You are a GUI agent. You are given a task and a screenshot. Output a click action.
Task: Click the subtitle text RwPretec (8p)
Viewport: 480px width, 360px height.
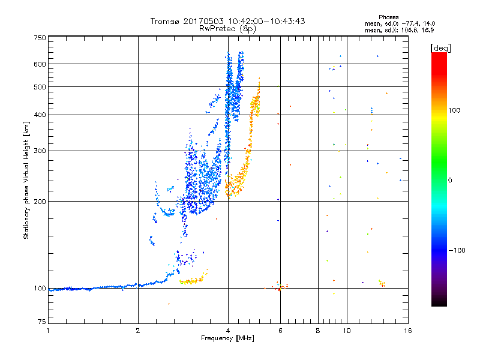point(227,29)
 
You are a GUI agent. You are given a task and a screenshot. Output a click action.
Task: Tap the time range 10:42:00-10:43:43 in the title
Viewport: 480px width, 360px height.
point(266,21)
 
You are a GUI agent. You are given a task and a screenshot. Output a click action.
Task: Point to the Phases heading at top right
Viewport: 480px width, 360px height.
point(388,17)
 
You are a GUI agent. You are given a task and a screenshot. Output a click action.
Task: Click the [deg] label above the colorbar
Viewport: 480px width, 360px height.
point(440,48)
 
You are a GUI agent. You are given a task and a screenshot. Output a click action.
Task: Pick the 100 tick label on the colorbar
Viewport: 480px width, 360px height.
point(454,110)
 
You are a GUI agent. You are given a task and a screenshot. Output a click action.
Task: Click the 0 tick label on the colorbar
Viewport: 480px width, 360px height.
point(450,181)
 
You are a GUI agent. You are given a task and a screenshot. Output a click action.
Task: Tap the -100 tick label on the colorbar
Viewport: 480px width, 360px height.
point(457,250)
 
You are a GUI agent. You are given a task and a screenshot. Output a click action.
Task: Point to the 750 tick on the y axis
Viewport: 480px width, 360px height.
point(40,38)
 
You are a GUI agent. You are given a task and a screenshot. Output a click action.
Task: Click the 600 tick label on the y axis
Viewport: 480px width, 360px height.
point(40,64)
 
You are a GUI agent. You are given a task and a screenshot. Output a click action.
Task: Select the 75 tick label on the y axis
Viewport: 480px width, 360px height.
point(42,322)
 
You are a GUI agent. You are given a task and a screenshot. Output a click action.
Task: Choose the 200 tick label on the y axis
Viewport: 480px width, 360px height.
point(40,202)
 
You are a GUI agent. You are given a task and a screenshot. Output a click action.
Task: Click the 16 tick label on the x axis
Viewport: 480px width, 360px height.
point(408,331)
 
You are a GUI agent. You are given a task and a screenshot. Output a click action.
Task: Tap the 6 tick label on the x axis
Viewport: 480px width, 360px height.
point(280,331)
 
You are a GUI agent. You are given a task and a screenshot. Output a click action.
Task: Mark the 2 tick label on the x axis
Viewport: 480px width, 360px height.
point(138,331)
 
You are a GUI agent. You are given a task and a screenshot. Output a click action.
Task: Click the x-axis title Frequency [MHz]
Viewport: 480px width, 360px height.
point(228,338)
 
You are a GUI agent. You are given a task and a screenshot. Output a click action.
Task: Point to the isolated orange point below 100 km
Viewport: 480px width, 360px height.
point(169,304)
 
